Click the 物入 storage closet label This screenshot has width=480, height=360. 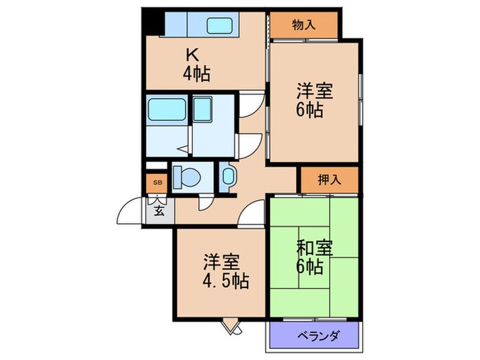click(303, 25)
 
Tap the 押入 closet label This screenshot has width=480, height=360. click(329, 180)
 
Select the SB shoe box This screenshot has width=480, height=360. click(158, 182)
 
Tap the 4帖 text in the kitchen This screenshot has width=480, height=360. click(196, 73)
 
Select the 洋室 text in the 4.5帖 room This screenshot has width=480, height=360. click(221, 261)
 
